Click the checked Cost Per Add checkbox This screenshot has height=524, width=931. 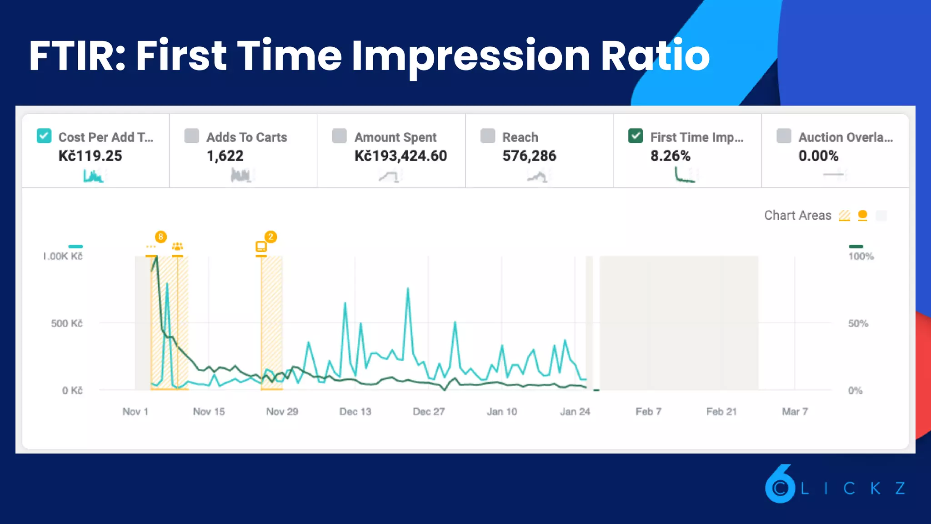[x=44, y=136]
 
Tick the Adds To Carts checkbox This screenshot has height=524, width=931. [x=192, y=136]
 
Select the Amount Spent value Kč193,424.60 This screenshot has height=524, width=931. [x=400, y=156]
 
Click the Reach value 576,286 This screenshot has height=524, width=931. [x=529, y=156]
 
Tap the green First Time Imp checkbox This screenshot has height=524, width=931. [x=636, y=136]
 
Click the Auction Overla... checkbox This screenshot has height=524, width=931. [x=784, y=136]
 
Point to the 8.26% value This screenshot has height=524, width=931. [x=670, y=156]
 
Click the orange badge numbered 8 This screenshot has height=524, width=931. [x=160, y=237]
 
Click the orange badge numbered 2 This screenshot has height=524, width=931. [x=270, y=237]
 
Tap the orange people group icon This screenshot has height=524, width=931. [x=177, y=247]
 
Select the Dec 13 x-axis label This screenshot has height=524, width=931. [x=355, y=412]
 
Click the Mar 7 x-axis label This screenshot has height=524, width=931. [x=795, y=412]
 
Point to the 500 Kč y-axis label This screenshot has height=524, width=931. [x=67, y=323]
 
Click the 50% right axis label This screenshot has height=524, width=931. [x=858, y=323]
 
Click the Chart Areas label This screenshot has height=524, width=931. [x=797, y=216]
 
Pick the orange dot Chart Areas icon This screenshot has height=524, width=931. [x=862, y=215]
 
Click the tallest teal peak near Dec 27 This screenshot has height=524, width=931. [x=408, y=288]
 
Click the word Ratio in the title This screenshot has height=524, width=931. [x=655, y=55]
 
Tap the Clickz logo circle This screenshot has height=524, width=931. [x=780, y=487]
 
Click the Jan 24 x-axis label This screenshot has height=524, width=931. [x=575, y=412]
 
